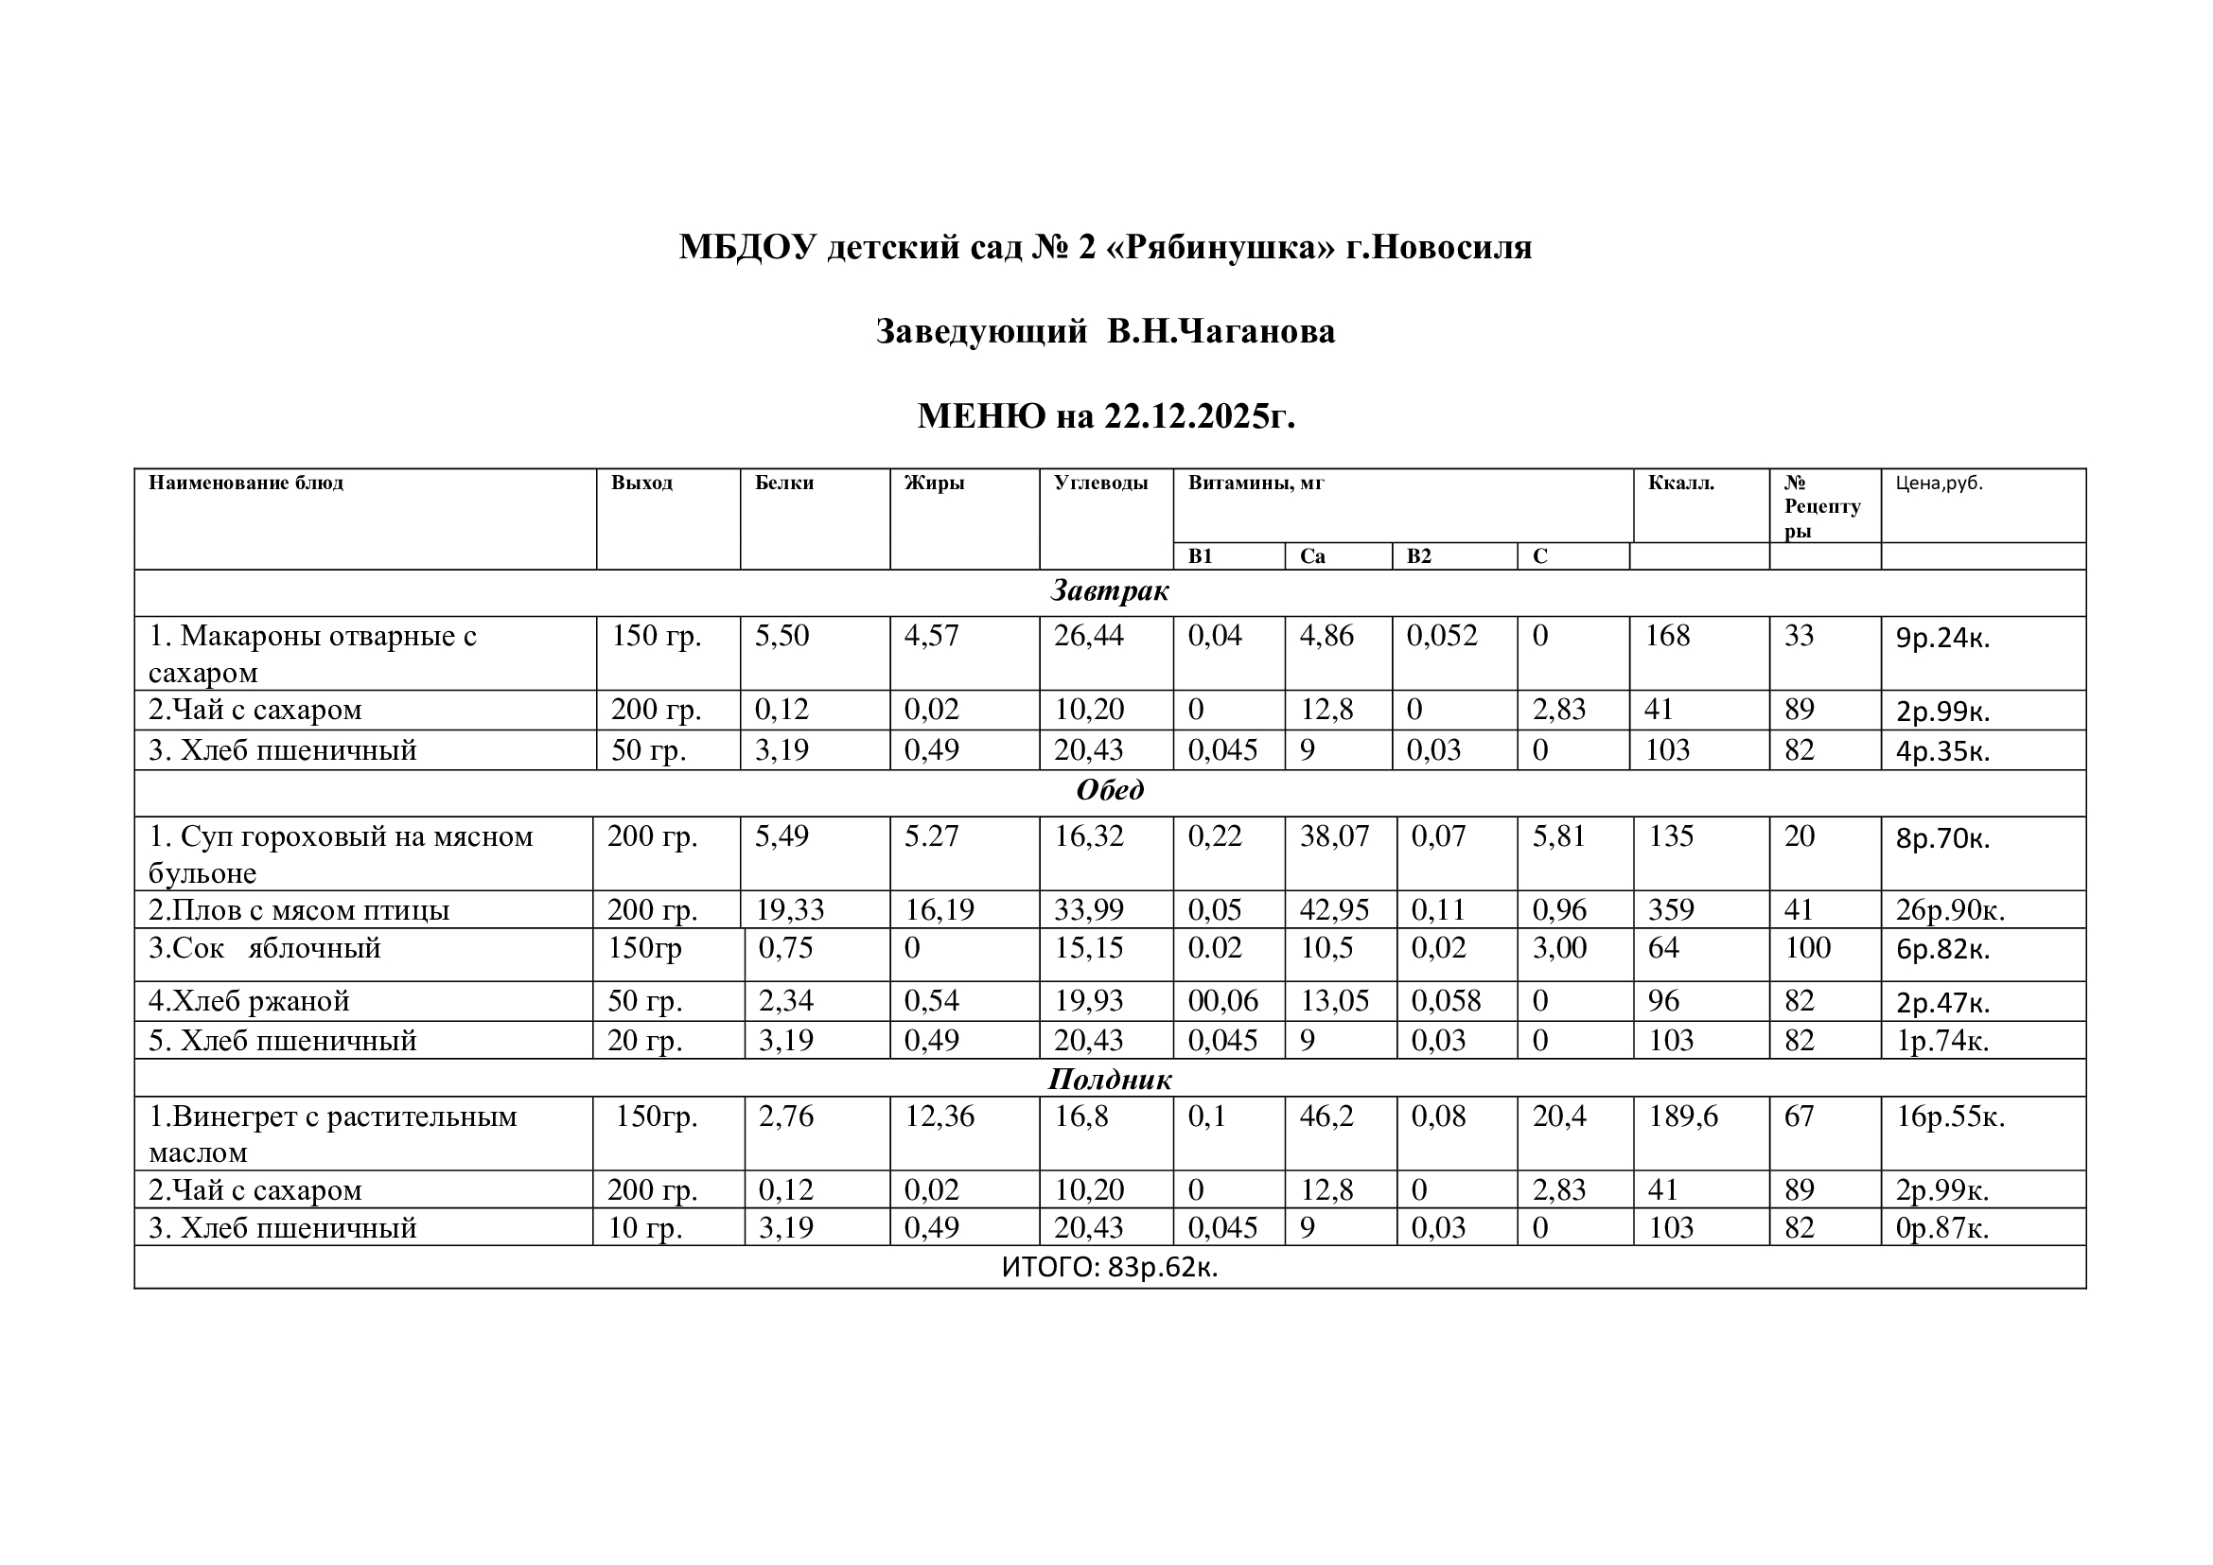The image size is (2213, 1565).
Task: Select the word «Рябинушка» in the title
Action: pyautogui.click(x=1223, y=248)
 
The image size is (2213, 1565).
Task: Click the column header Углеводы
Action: pyautogui.click(x=1100, y=483)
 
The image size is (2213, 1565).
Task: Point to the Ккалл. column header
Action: pyautogui.click(x=1681, y=483)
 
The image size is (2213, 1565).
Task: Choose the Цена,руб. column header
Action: pyautogui.click(x=1940, y=483)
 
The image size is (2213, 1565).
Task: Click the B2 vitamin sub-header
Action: pyautogui.click(x=1419, y=556)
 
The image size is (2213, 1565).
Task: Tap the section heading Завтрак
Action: pyautogui.click(x=1110, y=590)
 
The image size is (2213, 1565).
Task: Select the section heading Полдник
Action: pyautogui.click(x=1110, y=1080)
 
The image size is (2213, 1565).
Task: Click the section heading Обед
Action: pyautogui.click(x=1110, y=790)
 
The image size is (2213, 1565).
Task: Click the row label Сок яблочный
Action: pyautogui.click(x=265, y=948)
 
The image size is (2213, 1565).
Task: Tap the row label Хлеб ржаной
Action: pyautogui.click(x=249, y=1001)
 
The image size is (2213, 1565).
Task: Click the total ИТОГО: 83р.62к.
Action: pyautogui.click(x=1110, y=1267)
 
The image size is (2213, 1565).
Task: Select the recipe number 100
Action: pyautogui.click(x=1807, y=948)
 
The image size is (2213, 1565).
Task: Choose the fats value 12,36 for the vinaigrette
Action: pyautogui.click(x=939, y=1116)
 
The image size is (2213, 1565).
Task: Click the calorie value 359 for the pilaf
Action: pyautogui.click(x=1671, y=909)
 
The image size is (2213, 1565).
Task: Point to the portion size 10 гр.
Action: pyautogui.click(x=645, y=1228)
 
